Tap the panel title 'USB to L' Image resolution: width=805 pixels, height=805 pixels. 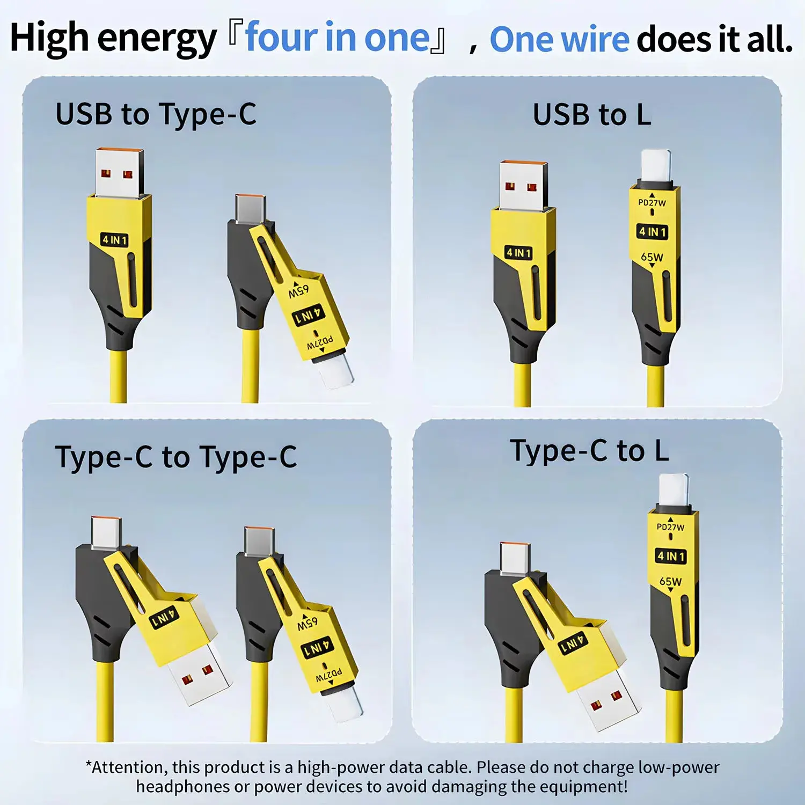pyautogui.click(x=592, y=115)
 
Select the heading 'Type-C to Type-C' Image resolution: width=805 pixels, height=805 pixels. pyautogui.click(x=176, y=458)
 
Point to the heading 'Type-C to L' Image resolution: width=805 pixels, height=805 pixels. pyautogui.click(x=589, y=451)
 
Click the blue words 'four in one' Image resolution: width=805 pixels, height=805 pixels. pyautogui.click(x=338, y=38)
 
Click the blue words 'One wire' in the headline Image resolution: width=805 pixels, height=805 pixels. pyautogui.click(x=559, y=39)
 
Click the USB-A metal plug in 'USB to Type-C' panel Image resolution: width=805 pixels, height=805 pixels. pyautogui.click(x=119, y=173)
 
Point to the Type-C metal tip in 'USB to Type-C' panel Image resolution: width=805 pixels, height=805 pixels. pyautogui.click(x=250, y=209)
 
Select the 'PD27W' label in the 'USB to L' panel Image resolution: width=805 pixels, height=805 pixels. pyautogui.click(x=652, y=203)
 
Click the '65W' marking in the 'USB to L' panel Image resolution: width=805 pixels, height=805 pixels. pyautogui.click(x=652, y=257)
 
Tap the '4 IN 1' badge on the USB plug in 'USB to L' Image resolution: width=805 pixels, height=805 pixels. pyautogui.click(x=518, y=252)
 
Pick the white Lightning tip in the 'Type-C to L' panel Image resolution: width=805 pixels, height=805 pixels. pyautogui.click(x=674, y=490)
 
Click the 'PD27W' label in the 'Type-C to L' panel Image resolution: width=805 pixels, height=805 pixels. pyautogui.click(x=670, y=527)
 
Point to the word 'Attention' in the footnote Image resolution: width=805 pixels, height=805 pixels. pyautogui.click(x=122, y=767)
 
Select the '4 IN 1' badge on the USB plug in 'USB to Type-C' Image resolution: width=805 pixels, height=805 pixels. pyautogui.click(x=115, y=240)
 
